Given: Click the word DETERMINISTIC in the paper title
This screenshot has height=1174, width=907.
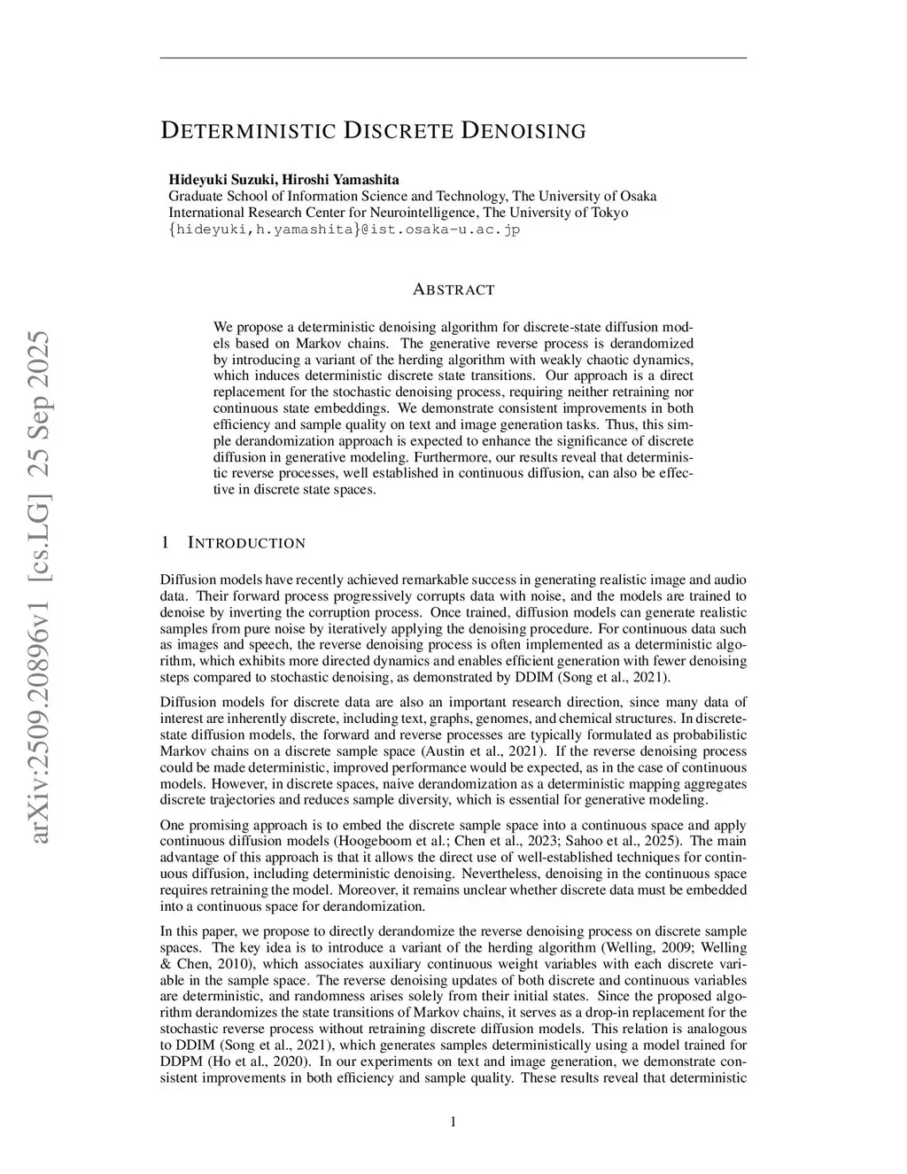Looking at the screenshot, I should tap(248, 131).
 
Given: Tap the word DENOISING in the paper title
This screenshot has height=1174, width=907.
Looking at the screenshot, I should tap(523, 131).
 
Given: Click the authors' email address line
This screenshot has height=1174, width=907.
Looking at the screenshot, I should tap(344, 229).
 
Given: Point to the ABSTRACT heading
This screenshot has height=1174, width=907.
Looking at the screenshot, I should tap(453, 290).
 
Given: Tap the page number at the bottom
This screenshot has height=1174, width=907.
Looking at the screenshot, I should tap(453, 1123).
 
